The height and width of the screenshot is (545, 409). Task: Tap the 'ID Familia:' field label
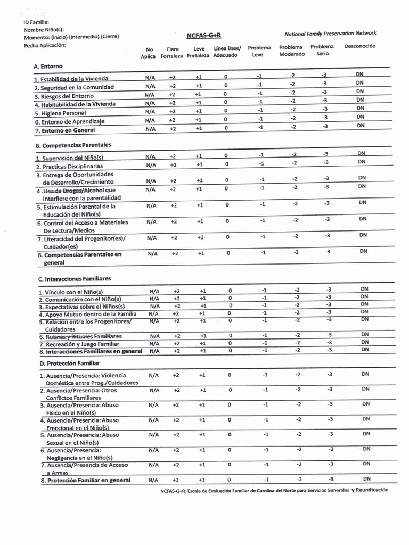click(36, 22)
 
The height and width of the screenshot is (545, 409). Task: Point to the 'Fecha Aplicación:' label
click(45, 45)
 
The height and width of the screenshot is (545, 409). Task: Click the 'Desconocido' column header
click(359, 46)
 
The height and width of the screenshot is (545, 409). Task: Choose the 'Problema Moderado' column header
click(291, 51)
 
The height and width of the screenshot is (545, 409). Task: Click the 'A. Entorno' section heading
click(48, 66)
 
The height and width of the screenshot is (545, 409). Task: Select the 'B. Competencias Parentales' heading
click(70, 145)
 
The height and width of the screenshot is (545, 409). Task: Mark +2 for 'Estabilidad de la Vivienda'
click(172, 77)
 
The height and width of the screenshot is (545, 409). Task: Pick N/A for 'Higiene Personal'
click(150, 112)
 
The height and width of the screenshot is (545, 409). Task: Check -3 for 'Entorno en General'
click(324, 127)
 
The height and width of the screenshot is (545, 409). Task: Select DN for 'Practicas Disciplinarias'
click(362, 162)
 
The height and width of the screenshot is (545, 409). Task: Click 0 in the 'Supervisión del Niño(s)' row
click(226, 156)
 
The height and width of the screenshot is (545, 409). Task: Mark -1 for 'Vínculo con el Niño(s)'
click(264, 290)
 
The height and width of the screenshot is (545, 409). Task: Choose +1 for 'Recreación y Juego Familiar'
click(203, 343)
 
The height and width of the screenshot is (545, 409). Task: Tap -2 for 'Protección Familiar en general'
click(299, 480)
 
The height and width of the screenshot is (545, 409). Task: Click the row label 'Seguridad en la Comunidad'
click(74, 87)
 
